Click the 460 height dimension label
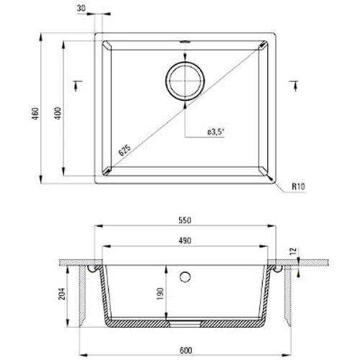[x=35, y=114]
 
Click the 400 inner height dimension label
[x=58, y=114]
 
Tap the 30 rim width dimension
[x=81, y=8]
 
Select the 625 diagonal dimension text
[x=125, y=150]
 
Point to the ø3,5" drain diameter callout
[x=215, y=132]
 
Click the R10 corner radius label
[x=298, y=186]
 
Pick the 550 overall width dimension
[x=185, y=220]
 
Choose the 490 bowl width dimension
[x=185, y=240]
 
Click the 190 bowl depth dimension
[x=160, y=294]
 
